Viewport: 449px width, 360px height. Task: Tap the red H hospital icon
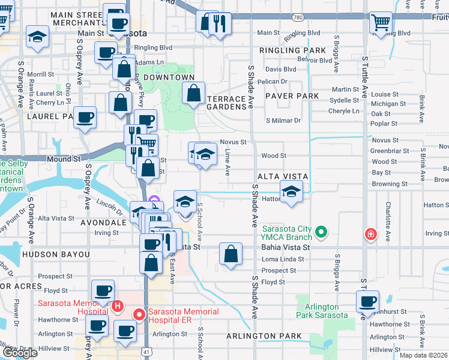click(x=118, y=306)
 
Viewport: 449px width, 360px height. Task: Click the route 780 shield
click(x=298, y=18)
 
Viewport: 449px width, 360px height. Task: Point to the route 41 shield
click(x=146, y=354)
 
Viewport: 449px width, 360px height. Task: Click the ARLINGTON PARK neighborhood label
click(x=264, y=336)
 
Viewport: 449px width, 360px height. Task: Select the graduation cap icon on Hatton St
click(x=292, y=192)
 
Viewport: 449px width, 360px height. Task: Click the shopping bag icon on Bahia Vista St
click(x=231, y=254)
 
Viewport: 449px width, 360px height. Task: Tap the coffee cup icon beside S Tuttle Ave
click(x=367, y=301)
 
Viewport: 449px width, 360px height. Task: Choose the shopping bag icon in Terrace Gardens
click(x=193, y=94)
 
